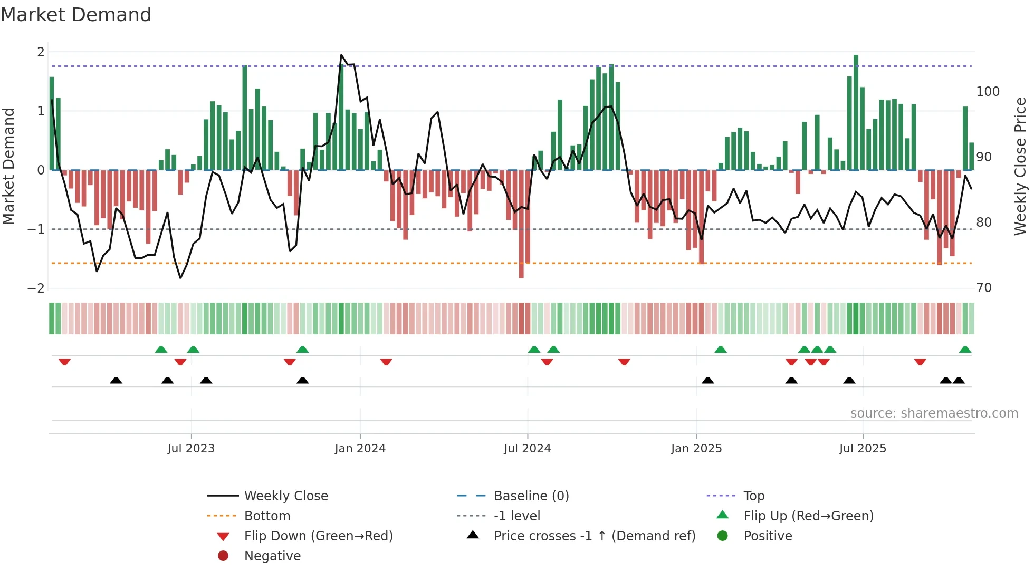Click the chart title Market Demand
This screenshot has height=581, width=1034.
[76, 15]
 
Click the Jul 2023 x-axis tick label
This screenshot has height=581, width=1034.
[191, 449]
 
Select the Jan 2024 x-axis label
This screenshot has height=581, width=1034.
[360, 449]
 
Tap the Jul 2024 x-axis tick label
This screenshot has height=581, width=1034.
[527, 449]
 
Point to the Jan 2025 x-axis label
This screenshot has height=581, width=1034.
[696, 449]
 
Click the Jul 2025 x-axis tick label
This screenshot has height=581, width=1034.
[863, 449]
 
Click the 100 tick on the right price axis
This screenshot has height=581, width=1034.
[988, 92]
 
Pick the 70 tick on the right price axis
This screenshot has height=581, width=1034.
[984, 288]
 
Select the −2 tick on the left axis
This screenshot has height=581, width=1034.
[36, 288]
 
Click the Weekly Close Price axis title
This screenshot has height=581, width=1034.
[1020, 166]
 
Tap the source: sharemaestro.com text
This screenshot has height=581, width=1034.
[934, 413]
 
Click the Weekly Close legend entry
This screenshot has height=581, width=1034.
[285, 496]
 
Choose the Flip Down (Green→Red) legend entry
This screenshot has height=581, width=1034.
[318, 536]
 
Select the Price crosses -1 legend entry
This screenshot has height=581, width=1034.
[594, 536]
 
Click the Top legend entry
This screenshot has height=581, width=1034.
[753, 496]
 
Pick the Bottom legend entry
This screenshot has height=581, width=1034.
[267, 516]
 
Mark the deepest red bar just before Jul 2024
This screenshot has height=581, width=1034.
[521, 224]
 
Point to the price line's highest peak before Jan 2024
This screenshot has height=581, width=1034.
[341, 55]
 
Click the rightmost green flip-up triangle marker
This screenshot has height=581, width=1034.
[965, 350]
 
